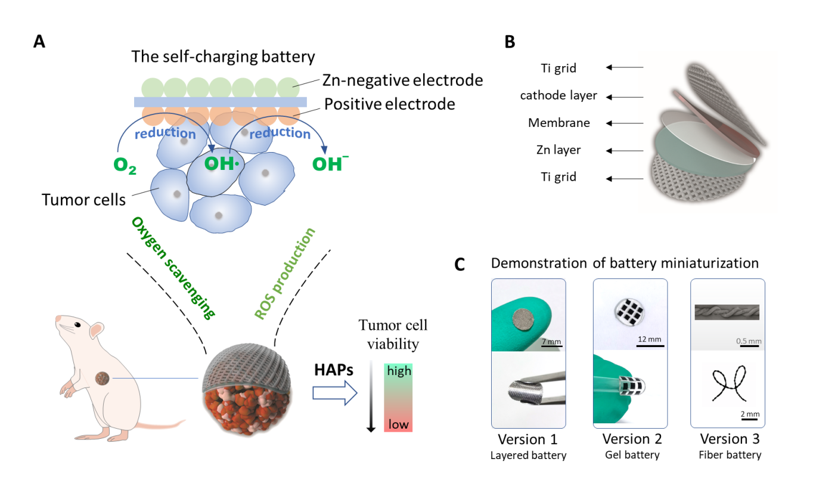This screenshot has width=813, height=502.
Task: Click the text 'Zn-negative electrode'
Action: pos(402,79)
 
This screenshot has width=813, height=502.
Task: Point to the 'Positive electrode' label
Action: pos(390,104)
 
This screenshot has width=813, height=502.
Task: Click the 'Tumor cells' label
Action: pos(83,199)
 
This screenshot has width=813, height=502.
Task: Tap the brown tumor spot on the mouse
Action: pos(103,377)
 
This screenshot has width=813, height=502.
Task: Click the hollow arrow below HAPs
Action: pos(334,393)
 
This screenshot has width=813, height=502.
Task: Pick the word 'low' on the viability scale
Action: pos(398,424)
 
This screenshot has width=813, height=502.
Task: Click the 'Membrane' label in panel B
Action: pos(559,123)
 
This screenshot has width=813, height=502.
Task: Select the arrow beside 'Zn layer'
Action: pos(625,150)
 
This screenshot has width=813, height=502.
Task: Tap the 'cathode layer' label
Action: pos(558,95)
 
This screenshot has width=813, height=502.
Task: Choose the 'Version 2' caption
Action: pos(630,439)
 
